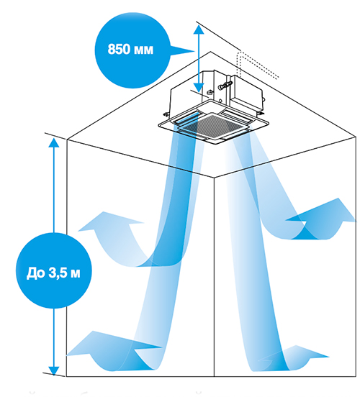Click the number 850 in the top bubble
click(x=119, y=49)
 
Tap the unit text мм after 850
click(x=143, y=50)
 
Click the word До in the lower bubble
click(x=35, y=273)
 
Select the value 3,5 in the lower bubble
click(x=58, y=273)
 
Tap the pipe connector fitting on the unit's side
click(x=225, y=85)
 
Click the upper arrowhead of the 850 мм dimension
click(x=199, y=29)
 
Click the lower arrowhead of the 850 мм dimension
click(x=199, y=88)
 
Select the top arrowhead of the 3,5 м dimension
click(x=54, y=142)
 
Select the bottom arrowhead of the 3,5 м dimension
click(x=54, y=371)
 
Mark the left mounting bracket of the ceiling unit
click(x=166, y=114)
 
